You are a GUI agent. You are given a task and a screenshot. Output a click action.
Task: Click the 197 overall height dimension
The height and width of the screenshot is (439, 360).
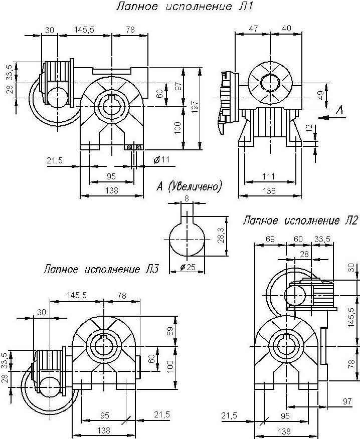tap(196, 106)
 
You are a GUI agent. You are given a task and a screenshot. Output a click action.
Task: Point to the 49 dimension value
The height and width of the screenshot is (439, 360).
tap(320, 94)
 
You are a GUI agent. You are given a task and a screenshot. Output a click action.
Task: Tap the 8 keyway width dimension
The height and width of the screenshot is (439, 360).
tap(187, 198)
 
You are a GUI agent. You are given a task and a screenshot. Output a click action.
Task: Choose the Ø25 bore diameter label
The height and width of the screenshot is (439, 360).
tap(187, 268)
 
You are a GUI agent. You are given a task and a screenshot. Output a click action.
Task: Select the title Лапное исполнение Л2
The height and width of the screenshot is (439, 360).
tap(300, 221)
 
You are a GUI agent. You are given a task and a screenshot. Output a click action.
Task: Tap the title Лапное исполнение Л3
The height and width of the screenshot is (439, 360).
tap(101, 270)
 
